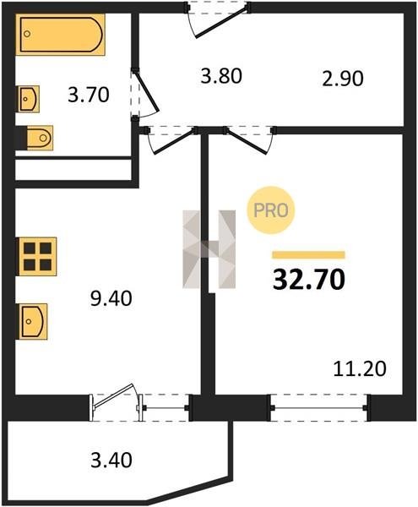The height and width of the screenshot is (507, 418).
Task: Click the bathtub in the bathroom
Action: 61,35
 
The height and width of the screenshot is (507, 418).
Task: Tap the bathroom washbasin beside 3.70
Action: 29,99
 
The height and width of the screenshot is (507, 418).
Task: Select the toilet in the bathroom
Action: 40,138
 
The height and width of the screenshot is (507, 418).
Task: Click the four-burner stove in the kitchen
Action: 38,256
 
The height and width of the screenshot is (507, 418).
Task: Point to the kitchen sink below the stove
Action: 33,321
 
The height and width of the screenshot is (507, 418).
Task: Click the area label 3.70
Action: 89,95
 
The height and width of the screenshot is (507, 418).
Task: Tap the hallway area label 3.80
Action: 221,77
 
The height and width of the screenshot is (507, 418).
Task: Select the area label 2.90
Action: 343,79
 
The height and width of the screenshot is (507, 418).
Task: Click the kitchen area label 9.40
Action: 111,298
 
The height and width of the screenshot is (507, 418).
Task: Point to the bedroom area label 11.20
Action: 360,369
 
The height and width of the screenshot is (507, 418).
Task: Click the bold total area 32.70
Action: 309,280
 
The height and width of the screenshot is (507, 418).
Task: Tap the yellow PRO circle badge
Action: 271,210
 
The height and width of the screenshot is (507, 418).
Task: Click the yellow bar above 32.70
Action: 308,255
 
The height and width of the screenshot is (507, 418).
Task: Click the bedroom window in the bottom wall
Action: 319,408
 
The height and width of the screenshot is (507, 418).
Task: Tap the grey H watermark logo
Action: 209,249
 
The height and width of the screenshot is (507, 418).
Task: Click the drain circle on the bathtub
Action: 28,34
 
